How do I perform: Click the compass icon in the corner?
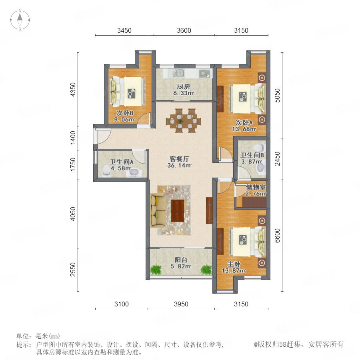[x=20, y=20]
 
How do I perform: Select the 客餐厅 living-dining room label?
[x=179, y=159]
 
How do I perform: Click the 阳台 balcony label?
[x=181, y=260]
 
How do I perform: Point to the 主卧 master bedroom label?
[x=234, y=264]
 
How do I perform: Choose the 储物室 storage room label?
[x=256, y=187]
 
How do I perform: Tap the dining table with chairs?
[x=184, y=120]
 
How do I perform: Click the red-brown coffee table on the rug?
[x=178, y=210]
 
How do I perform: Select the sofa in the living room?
[x=158, y=210]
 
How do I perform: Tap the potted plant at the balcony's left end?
[x=156, y=269]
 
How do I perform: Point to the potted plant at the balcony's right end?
[x=206, y=269]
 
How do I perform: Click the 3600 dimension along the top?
[x=184, y=30]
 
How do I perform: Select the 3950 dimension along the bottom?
[x=181, y=304]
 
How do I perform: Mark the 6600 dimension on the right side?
[x=277, y=236]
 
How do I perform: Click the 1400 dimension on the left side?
[x=73, y=138]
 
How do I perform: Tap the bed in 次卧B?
[x=128, y=92]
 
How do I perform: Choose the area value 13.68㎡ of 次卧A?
[x=244, y=129]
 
